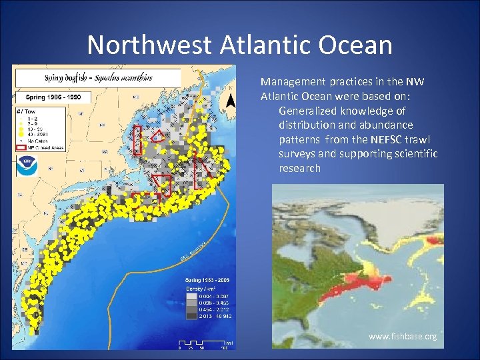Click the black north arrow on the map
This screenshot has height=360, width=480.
231,101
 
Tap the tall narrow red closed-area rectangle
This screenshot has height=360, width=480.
138,140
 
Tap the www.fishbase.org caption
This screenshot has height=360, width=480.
403,337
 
